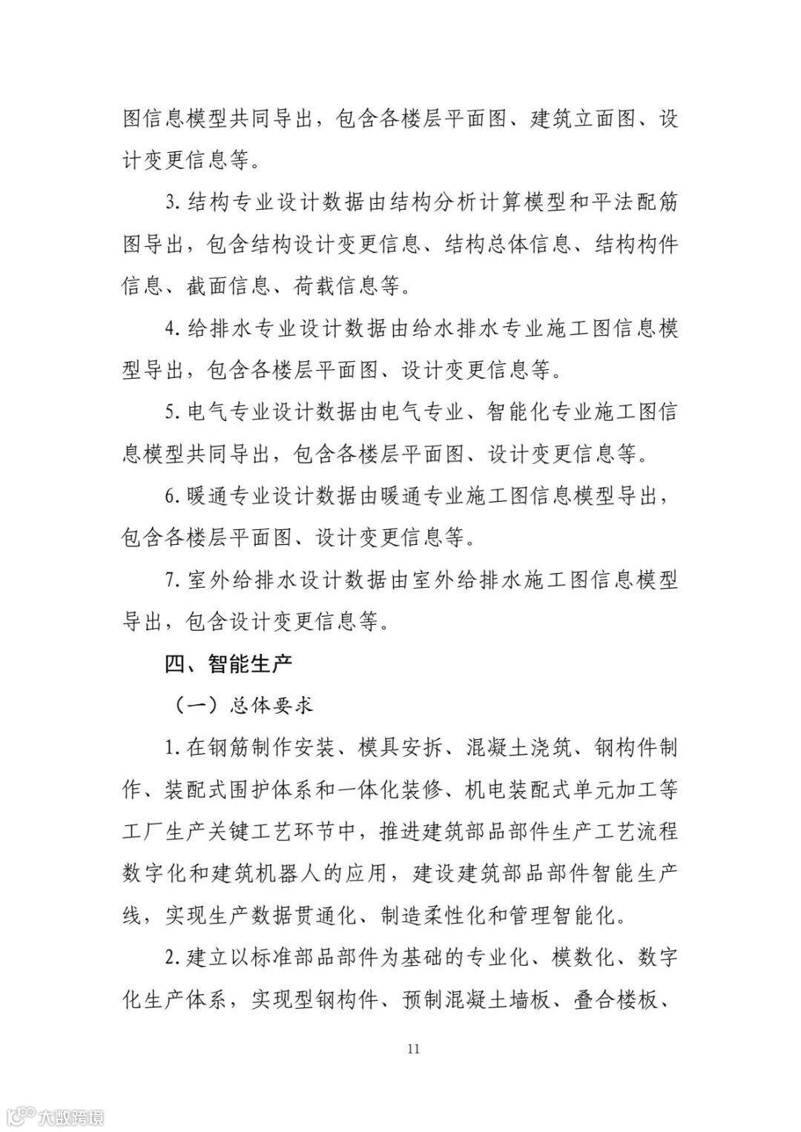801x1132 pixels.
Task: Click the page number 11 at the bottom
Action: (x=414, y=1048)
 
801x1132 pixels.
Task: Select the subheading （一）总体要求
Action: (x=244, y=704)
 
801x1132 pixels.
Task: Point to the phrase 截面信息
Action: (x=228, y=286)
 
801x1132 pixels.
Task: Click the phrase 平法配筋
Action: (x=635, y=202)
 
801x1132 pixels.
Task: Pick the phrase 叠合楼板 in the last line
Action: (x=616, y=999)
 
